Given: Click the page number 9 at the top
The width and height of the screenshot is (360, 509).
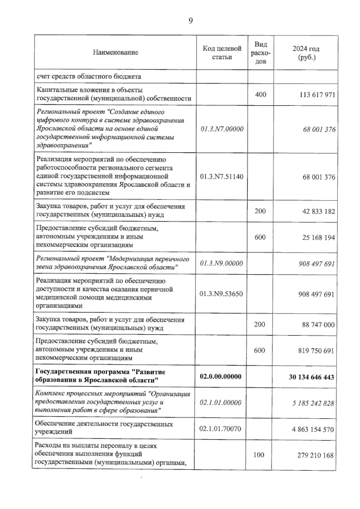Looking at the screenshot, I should click(x=190, y=21).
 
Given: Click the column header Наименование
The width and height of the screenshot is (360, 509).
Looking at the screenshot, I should click(x=115, y=53).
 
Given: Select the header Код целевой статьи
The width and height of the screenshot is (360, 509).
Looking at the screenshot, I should click(x=222, y=53).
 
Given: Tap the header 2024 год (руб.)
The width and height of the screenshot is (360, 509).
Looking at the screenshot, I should click(x=306, y=53).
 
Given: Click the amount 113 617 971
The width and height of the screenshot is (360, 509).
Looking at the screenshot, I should click(x=317, y=95).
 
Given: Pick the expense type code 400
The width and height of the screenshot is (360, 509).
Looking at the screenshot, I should click(x=260, y=95).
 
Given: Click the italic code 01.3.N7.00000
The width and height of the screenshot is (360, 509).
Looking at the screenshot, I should click(x=222, y=129).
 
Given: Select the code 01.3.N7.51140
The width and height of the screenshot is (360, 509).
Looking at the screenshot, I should click(x=222, y=176).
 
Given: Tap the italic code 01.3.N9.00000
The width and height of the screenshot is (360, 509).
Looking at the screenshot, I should click(x=221, y=264).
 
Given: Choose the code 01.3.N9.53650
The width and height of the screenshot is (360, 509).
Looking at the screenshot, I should click(x=221, y=294).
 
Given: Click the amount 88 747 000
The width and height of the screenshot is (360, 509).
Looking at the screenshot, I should click(x=318, y=325).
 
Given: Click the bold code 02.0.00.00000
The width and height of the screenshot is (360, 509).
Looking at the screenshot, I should click(x=220, y=376).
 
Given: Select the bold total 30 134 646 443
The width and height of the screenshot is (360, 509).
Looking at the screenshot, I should click(x=311, y=377).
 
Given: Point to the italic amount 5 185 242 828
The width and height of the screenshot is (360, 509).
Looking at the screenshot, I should click(x=313, y=403).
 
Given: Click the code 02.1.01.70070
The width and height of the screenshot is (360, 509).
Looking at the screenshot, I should click(x=220, y=429).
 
